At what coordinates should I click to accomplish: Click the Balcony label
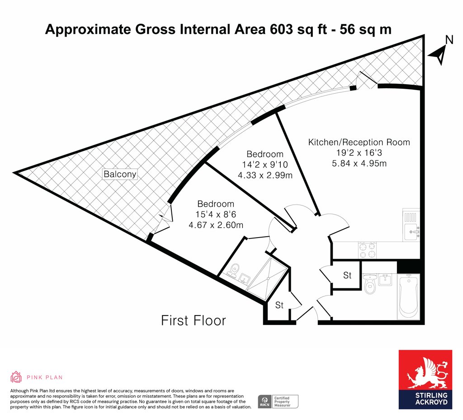point(120,174)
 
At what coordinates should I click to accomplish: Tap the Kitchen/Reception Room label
point(359,142)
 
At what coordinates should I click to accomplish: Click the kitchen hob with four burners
point(367,250)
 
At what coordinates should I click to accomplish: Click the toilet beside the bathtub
point(369,284)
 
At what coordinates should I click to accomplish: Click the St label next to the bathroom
point(347,276)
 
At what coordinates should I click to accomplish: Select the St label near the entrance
point(279,305)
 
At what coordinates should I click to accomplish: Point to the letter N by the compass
point(449,40)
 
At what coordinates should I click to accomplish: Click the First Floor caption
point(194,320)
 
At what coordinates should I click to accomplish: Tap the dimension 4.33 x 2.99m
point(265,175)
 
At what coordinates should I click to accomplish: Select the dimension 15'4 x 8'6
point(216,214)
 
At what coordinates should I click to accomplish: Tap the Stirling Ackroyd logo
point(425,380)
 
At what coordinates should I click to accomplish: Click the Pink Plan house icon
point(16,377)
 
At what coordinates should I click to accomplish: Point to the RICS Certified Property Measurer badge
point(278,402)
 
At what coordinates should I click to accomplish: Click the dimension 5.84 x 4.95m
point(359,163)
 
